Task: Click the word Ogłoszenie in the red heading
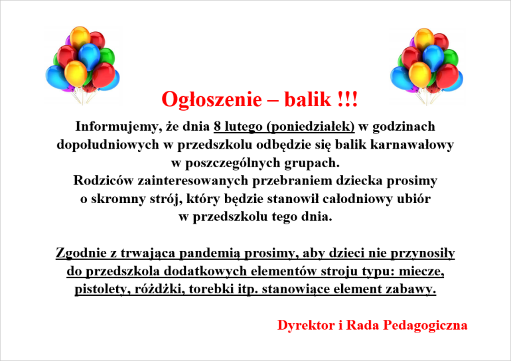click(x=212, y=100)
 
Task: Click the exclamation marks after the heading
click(x=348, y=99)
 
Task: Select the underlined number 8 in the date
click(x=217, y=126)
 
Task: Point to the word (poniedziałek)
click(x=311, y=127)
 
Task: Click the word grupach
click(x=312, y=163)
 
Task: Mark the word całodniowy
click(x=358, y=198)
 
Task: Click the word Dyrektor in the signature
click(x=306, y=325)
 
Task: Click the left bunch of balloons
click(x=82, y=65)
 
